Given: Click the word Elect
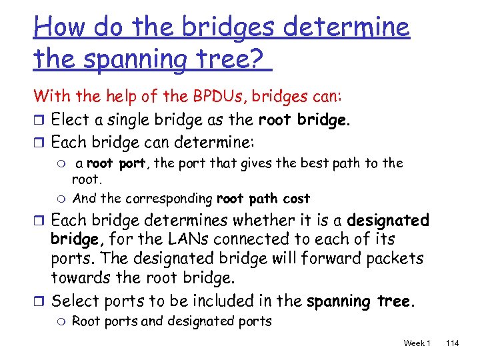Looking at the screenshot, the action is point(70,120).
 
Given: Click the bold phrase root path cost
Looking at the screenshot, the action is point(263,199).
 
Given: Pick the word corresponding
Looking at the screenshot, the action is point(169,199).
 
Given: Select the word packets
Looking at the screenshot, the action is point(393,259).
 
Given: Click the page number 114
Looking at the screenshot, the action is point(452,343).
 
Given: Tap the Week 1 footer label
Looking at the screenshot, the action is point(417,343).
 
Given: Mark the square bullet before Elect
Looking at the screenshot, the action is point(39,121).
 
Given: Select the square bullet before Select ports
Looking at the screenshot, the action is point(39,301).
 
